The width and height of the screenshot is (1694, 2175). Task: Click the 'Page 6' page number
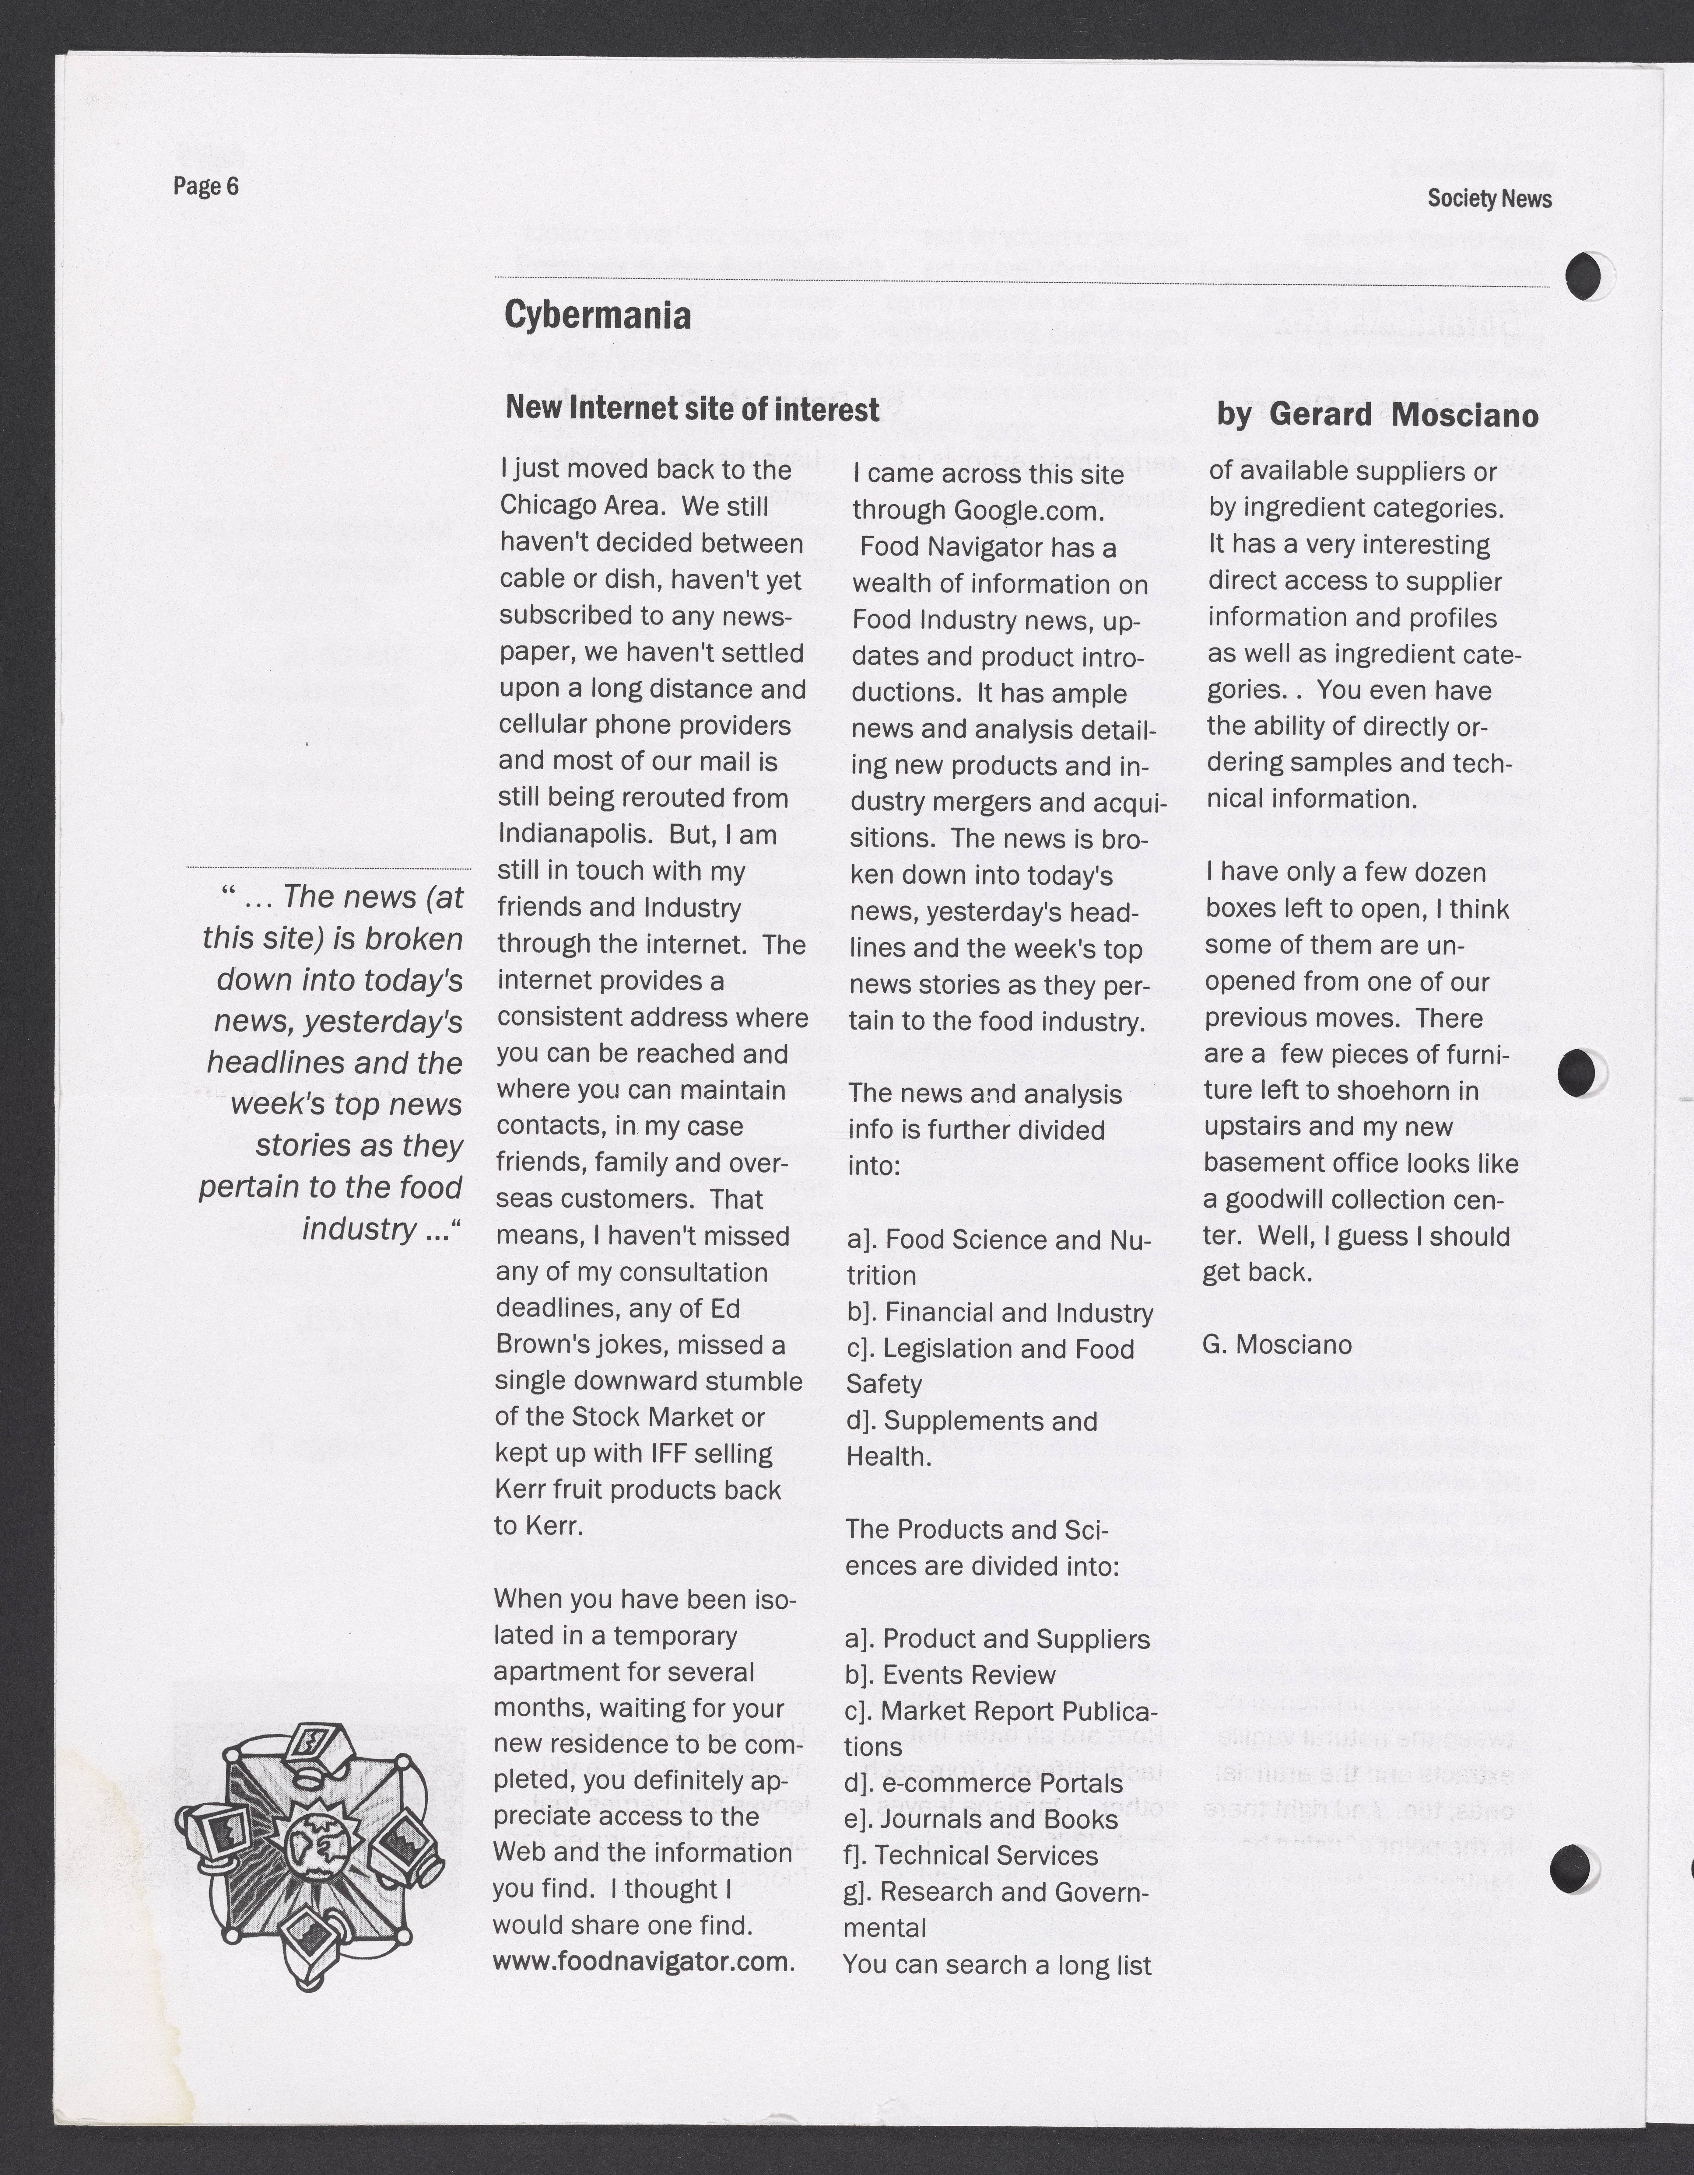pyautogui.click(x=206, y=186)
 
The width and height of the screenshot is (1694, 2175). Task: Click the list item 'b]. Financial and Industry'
pyautogui.click(x=1000, y=1313)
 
